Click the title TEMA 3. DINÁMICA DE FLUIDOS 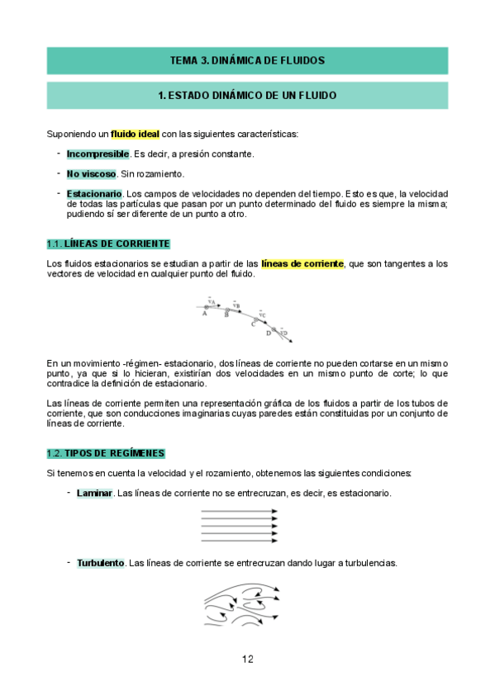click(x=247, y=60)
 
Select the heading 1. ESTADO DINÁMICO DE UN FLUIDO click(x=247, y=96)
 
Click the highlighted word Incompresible click(x=98, y=154)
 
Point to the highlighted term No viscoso click(x=91, y=174)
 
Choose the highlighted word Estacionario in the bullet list click(x=94, y=194)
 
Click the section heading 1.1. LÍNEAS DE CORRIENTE click(x=108, y=244)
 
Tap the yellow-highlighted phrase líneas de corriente click(x=302, y=263)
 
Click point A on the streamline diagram click(x=204, y=313)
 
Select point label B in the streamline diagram click(x=226, y=315)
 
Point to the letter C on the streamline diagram click(x=253, y=324)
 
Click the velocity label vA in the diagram click(x=212, y=302)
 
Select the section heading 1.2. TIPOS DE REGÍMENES click(x=106, y=453)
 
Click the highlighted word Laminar click(x=94, y=493)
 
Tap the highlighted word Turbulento click(x=101, y=563)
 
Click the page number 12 click(x=248, y=659)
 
